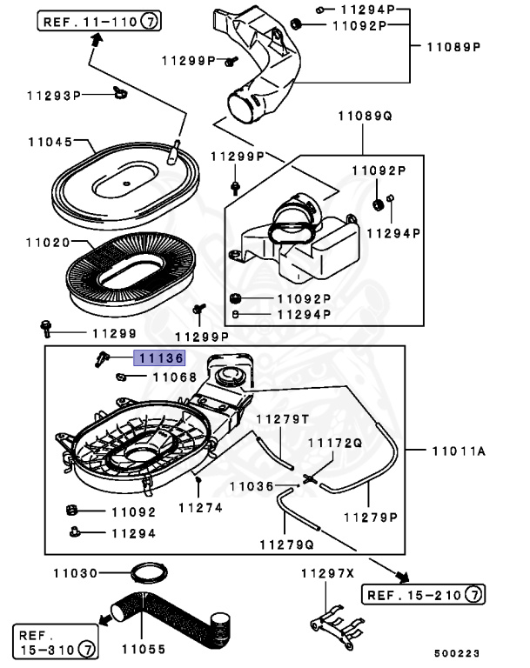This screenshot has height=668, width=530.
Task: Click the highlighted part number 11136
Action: [x=159, y=357]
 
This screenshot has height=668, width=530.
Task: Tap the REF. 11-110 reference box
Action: [x=99, y=21]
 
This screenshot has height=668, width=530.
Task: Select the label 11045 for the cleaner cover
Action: [x=50, y=142]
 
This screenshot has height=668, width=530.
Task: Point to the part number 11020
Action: [x=48, y=243]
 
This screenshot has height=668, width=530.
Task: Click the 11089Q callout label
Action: [x=365, y=116]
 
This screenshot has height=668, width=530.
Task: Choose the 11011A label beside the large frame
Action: [x=459, y=451]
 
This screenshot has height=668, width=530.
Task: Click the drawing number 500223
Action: [x=457, y=653]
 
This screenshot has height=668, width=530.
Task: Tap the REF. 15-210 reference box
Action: [x=424, y=594]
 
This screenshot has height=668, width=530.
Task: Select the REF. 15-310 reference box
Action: [x=56, y=642]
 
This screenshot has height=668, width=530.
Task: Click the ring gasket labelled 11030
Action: [x=149, y=573]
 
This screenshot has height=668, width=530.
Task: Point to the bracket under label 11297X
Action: [x=337, y=626]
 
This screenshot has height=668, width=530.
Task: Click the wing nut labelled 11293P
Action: [x=120, y=92]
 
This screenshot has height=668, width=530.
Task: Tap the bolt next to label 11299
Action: [x=45, y=329]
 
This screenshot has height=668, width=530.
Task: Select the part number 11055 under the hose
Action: [x=144, y=649]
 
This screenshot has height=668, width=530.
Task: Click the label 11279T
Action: [x=282, y=419]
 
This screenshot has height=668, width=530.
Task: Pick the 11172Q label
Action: [x=335, y=443]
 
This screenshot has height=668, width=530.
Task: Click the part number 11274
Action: [x=200, y=508]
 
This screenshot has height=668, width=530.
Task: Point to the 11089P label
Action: [x=453, y=47]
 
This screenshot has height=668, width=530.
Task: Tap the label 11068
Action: [x=175, y=377]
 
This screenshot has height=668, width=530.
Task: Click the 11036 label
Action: [x=252, y=486]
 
